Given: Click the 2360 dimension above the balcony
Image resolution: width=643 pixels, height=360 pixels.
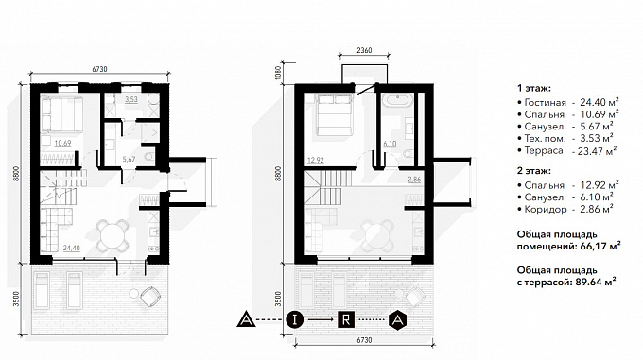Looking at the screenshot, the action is coord(364,50).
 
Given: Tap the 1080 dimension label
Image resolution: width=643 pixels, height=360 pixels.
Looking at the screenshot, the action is coord(280,73).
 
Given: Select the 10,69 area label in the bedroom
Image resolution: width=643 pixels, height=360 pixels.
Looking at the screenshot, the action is coord(62,143).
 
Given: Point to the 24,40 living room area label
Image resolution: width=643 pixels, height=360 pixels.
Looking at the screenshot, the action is coord(71,248).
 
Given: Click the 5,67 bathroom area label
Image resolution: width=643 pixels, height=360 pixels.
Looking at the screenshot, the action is coord(129,160).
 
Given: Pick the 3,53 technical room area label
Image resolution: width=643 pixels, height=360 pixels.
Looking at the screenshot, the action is coord(131,99).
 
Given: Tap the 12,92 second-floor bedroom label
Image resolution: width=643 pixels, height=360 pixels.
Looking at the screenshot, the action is coord(316,160).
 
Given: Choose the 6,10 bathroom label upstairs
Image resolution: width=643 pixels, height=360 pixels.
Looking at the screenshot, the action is coord(390,144).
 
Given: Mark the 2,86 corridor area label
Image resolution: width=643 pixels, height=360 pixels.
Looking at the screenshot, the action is coord(414,179).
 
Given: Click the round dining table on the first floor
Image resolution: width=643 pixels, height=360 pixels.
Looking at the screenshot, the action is coord(112,237).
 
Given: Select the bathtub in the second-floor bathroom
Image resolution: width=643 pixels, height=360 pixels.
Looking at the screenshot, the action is coord(396,100).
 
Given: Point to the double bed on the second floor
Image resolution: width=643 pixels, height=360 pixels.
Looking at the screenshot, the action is coord(334,114).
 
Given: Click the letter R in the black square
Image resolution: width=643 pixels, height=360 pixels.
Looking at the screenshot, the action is coord(346,319).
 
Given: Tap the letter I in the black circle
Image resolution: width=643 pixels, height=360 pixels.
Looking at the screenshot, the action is coord(294,319).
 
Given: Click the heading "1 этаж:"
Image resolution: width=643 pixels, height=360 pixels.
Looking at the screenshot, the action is coord(534,88).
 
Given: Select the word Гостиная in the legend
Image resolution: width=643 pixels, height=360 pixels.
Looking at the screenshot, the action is coord(545,102).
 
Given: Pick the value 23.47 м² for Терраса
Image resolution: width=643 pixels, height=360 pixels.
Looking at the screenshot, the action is coord(594,151).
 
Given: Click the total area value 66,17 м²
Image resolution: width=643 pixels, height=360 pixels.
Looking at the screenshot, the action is coord(600,247).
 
